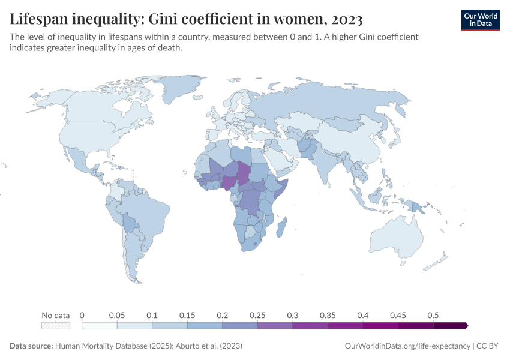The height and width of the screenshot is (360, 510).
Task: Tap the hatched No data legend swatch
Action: [x=56, y=325]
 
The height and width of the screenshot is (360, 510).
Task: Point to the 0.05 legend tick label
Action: [x=116, y=315]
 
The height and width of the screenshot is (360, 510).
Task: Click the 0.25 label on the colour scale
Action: [x=257, y=315]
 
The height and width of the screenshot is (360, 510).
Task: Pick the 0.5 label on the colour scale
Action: [x=433, y=315]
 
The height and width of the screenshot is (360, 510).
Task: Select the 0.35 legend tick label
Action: [x=327, y=315]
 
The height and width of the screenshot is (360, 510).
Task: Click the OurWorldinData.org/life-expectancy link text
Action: [x=407, y=346]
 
